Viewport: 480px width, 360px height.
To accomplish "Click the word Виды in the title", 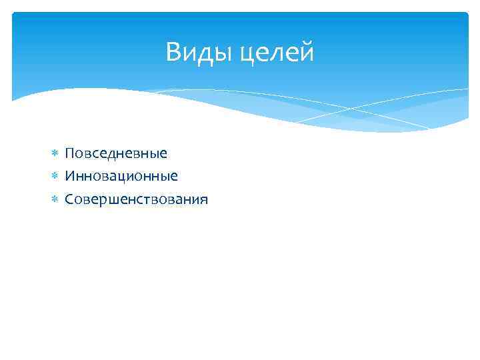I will [194, 52].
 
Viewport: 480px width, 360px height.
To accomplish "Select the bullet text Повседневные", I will [116, 154].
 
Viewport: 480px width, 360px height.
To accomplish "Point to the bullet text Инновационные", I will [121, 177].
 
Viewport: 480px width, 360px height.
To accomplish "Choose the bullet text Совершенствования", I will [136, 199].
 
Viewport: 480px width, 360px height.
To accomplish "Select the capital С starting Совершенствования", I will [69, 199].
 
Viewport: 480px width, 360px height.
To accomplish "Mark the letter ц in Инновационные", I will [125, 177].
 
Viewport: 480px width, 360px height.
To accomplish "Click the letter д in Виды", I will [199, 54].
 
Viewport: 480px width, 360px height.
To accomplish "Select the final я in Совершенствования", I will [203, 199].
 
